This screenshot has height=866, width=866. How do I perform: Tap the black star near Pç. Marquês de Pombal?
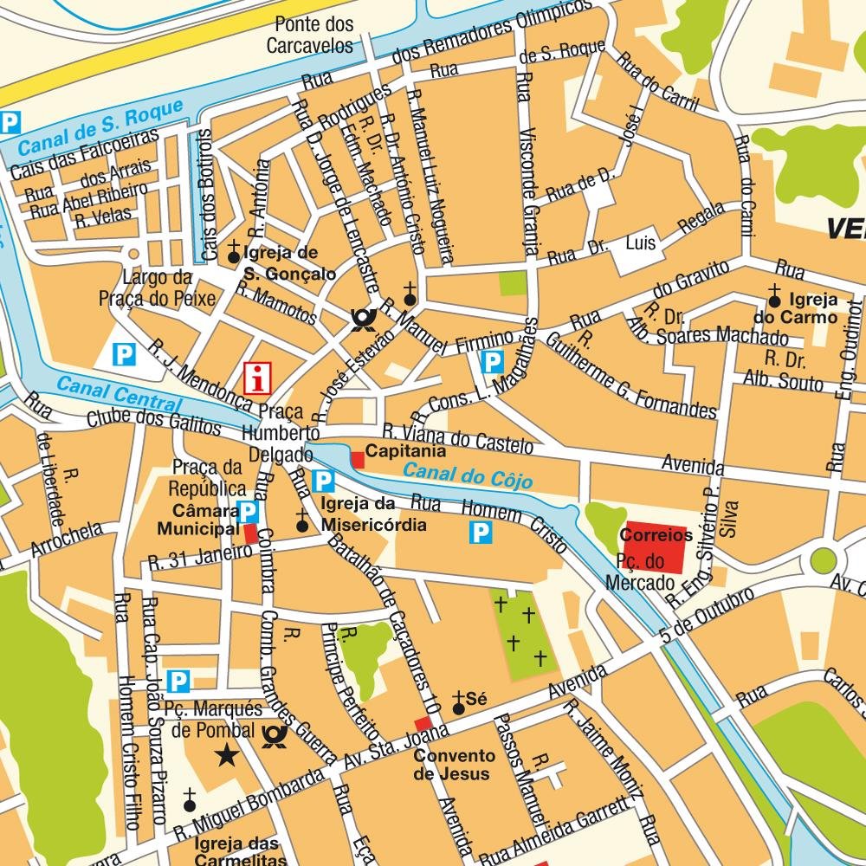click(228, 755)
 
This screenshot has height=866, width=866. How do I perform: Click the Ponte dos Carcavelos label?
click(309, 35)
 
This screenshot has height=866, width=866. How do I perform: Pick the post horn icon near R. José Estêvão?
click(362, 320)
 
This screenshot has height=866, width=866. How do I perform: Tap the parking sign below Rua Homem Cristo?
click(480, 533)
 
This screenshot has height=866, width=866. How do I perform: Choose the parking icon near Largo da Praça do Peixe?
click(126, 353)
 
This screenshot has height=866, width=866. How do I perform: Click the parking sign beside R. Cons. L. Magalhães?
click(492, 362)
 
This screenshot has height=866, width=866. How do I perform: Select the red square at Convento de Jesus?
click(423, 725)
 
